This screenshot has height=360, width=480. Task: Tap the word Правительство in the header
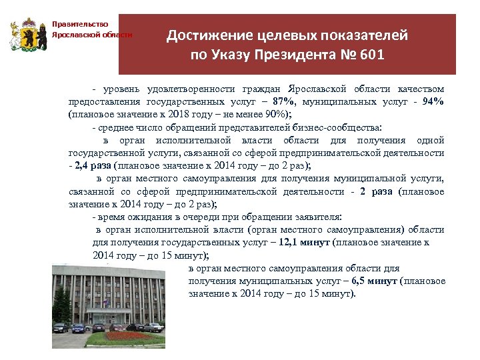[x=80, y=25]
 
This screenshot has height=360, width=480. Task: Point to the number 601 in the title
[x=371, y=55]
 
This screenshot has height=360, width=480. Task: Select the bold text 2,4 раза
[x=93, y=165]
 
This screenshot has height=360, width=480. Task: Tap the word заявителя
[x=317, y=217]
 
